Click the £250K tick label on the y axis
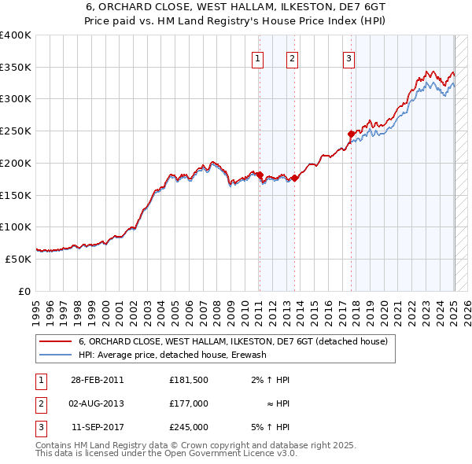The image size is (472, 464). [16, 131]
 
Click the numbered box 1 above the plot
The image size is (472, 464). [259, 57]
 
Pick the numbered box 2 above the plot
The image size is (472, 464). [292, 57]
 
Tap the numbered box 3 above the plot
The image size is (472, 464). [348, 57]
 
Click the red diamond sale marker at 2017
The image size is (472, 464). [351, 134]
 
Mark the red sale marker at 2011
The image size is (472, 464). [259, 175]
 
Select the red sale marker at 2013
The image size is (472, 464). [294, 178]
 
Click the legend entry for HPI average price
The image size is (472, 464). [173, 355]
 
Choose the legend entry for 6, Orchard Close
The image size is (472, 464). [233, 342]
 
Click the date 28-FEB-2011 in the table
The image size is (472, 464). [97, 380]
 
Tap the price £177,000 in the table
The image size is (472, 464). [188, 403]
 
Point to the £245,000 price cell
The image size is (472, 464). [188, 427]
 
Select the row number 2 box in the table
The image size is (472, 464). [39, 403]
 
